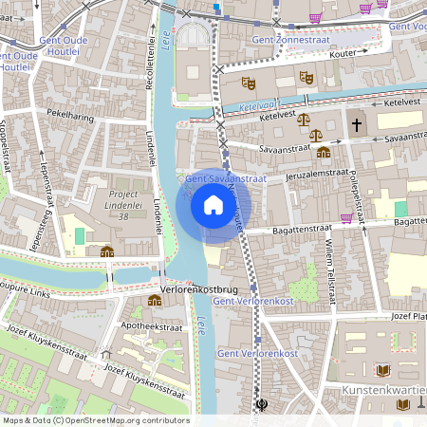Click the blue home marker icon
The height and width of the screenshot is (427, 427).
pos(213,205)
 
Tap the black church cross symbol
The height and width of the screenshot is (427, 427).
pos(356,123)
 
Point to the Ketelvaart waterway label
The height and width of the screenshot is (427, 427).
pos(258,106)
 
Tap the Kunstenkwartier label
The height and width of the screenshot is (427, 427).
pos(385,390)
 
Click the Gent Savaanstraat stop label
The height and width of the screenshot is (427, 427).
pos(226,177)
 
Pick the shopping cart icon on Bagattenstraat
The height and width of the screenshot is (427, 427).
pos(347,217)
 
